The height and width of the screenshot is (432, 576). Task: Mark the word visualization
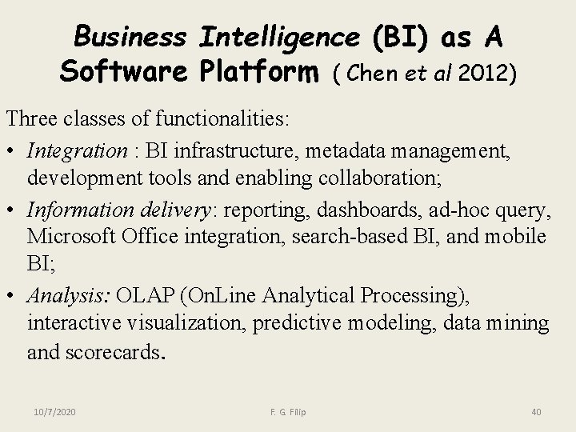coord(177,323)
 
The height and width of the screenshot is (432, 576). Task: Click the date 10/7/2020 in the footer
coord(55,411)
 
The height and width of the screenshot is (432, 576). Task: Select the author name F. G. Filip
coord(289,411)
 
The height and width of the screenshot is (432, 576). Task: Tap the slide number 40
coord(536,411)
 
